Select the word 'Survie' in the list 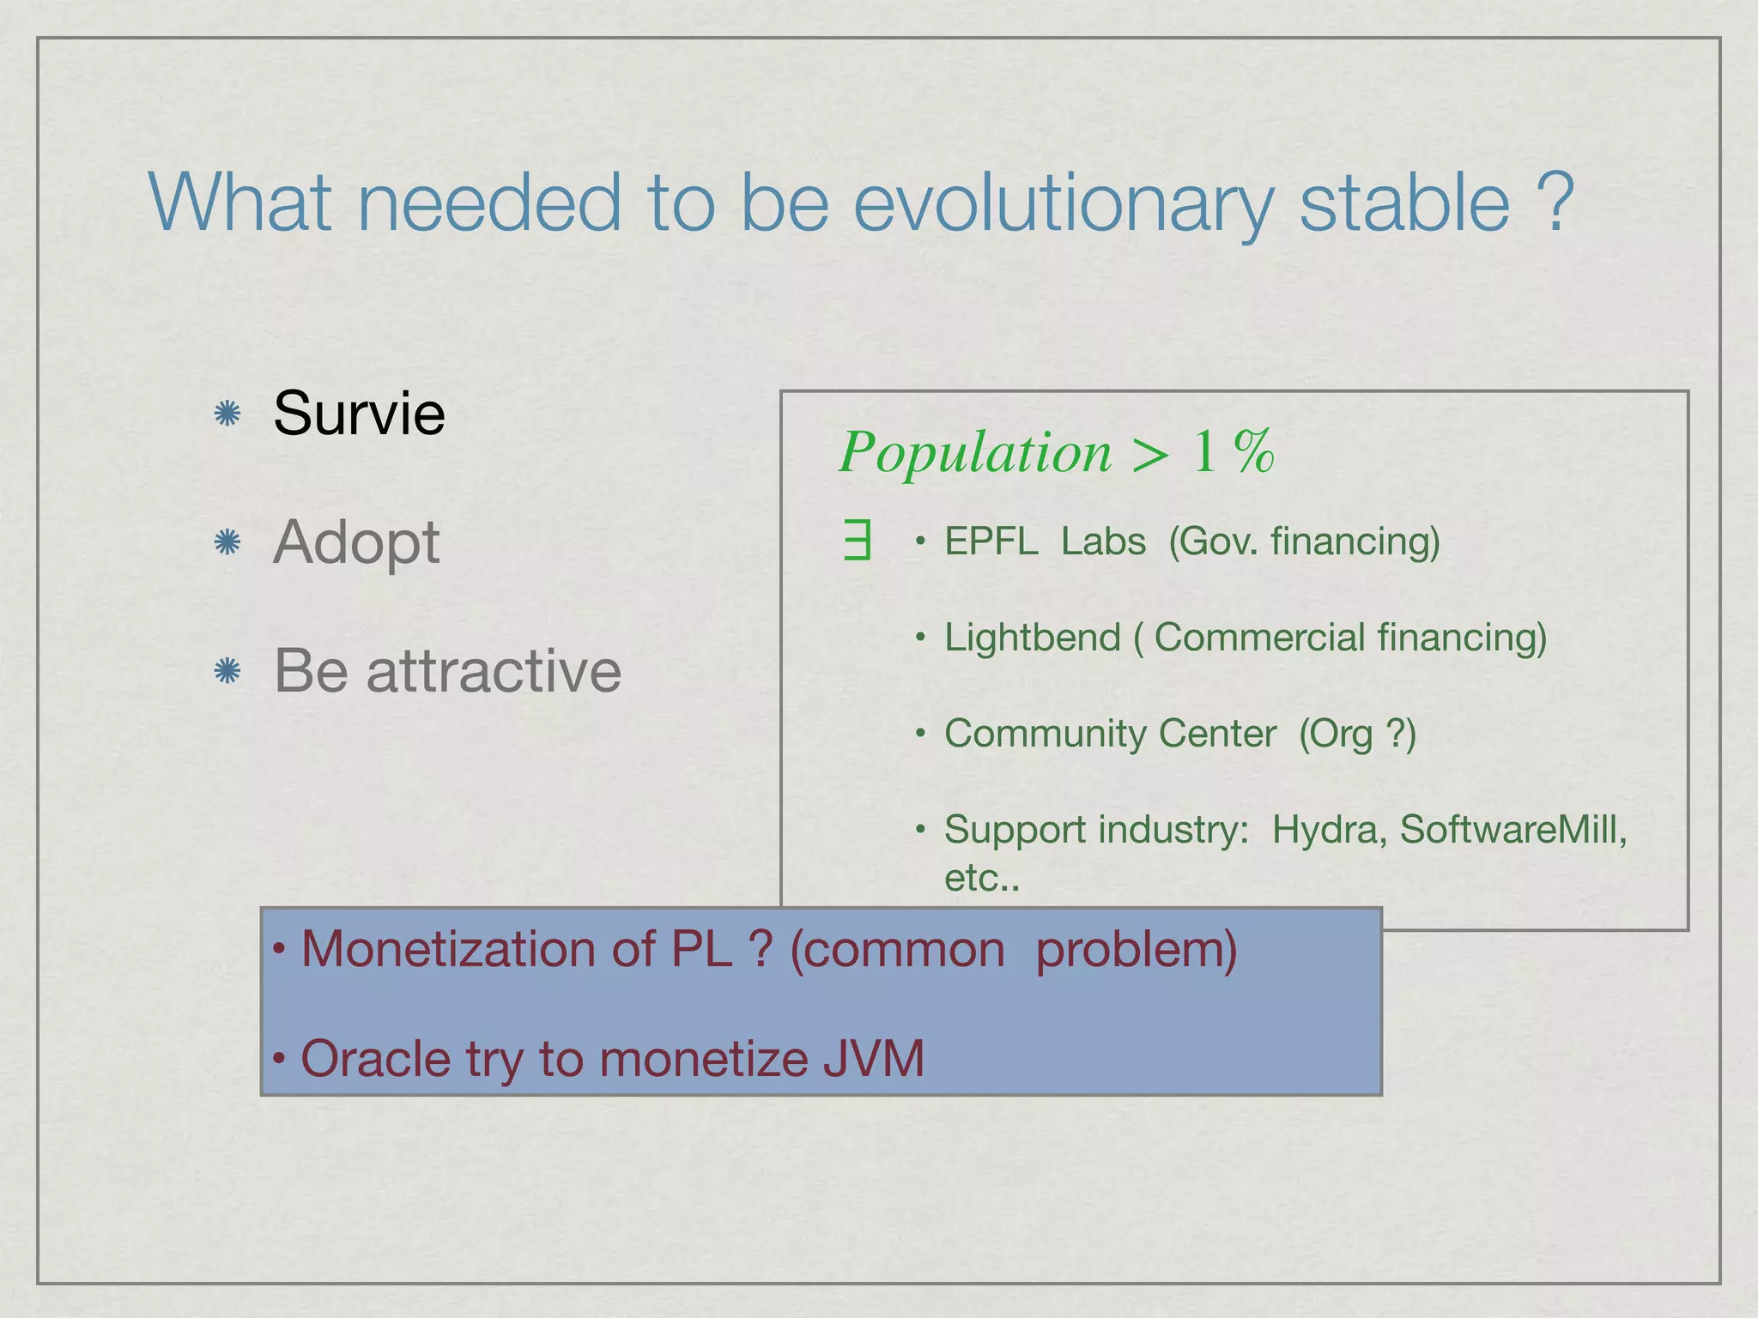(x=359, y=413)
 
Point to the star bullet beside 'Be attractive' (x=227, y=671)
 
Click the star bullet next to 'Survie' (x=227, y=414)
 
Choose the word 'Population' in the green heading (x=975, y=452)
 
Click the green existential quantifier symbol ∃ (x=858, y=542)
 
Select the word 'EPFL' (x=991, y=541)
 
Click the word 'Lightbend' (x=1032, y=638)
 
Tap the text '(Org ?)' (x=1356, y=734)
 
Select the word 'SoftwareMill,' (x=1513, y=830)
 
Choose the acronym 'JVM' (x=873, y=1058)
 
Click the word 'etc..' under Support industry (x=982, y=878)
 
